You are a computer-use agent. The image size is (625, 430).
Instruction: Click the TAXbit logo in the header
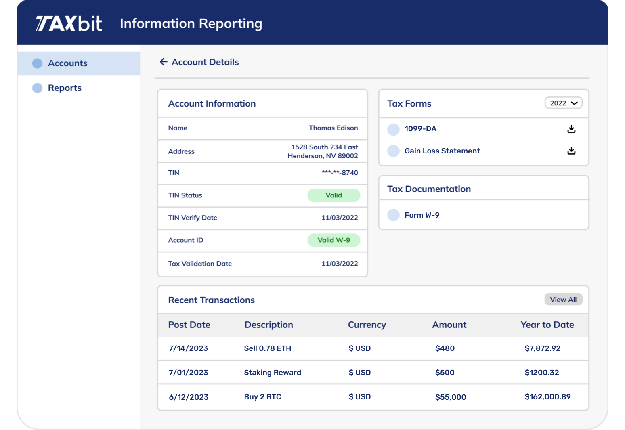point(69,24)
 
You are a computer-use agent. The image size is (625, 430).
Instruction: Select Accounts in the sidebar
point(67,63)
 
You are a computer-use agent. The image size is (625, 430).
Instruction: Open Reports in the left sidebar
point(65,88)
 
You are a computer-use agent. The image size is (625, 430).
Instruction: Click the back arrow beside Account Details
point(164,62)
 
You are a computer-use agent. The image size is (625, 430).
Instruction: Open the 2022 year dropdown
point(563,103)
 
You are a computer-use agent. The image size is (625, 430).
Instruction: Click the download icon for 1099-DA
point(571,129)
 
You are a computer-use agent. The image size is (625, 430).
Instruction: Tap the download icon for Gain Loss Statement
point(571,151)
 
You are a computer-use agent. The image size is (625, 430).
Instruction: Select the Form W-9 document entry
point(422,215)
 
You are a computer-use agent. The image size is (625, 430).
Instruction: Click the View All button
point(563,300)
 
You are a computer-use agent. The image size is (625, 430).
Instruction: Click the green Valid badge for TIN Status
point(333,195)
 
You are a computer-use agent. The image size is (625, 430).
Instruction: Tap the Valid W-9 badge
point(333,240)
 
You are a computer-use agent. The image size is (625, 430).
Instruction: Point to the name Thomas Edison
point(333,128)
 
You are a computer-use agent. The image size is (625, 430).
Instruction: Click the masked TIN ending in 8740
point(340,173)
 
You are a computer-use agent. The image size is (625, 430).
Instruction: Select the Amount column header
point(449,325)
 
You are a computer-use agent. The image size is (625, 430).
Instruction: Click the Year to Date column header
point(547,325)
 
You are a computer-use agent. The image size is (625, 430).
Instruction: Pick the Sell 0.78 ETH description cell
point(267,348)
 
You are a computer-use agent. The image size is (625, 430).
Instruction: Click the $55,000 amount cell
point(450,397)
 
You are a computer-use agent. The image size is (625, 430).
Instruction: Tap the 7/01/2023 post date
point(188,373)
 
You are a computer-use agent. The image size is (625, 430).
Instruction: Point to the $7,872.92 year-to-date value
point(542,348)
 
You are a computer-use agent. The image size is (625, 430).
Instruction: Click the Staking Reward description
point(273,373)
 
